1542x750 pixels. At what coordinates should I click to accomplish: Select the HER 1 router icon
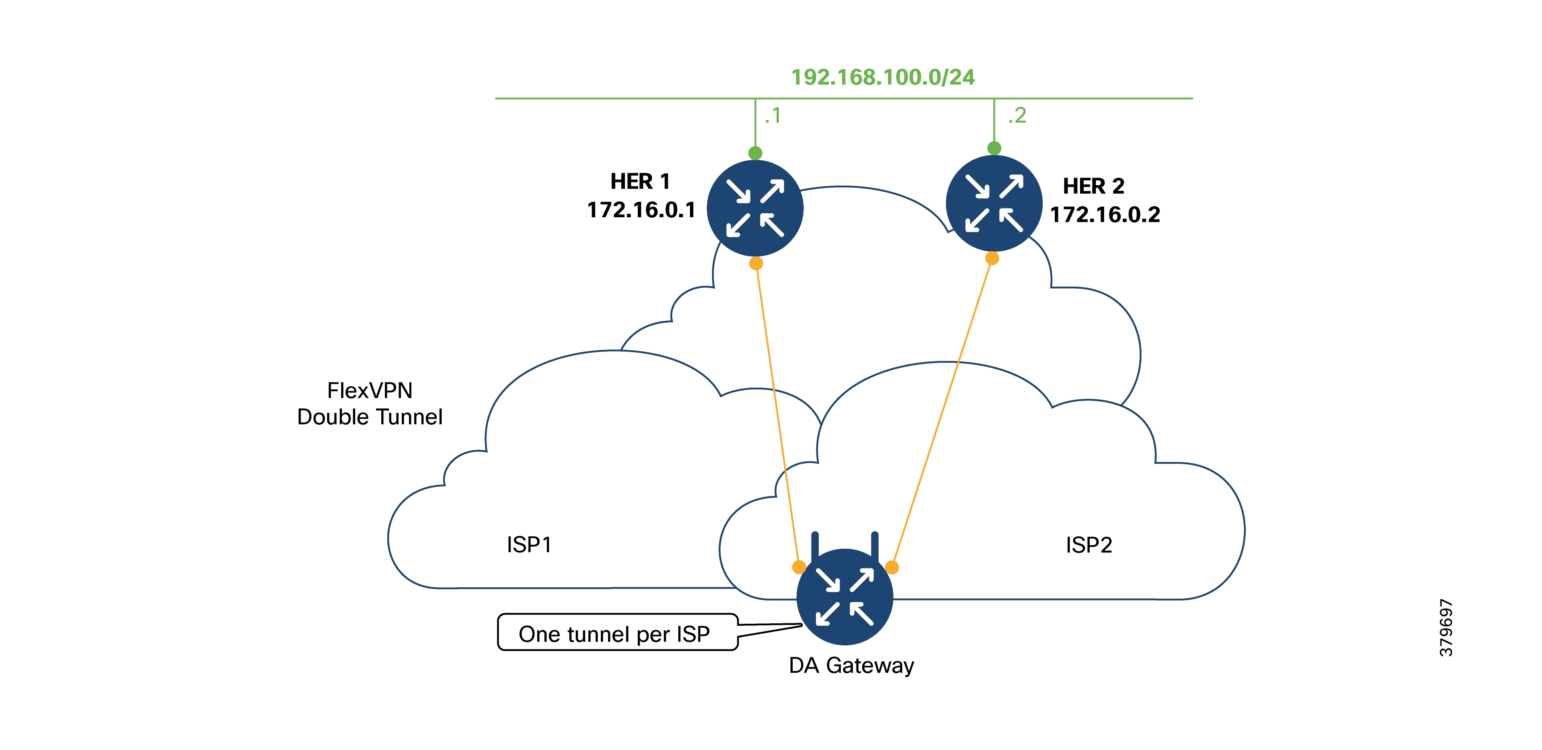(755, 208)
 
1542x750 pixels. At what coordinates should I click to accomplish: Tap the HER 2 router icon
(994, 203)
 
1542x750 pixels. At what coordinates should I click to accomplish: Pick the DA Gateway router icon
(844, 597)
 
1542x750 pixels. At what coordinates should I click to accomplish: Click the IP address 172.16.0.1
(641, 210)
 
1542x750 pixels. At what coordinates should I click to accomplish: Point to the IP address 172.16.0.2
(1105, 215)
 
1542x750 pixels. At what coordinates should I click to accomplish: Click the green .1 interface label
(773, 115)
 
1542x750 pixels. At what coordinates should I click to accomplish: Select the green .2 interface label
(1017, 115)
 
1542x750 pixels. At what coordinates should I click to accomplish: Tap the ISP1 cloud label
(529, 545)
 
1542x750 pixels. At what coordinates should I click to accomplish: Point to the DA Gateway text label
(851, 665)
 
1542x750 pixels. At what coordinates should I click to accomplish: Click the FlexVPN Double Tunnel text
(370, 404)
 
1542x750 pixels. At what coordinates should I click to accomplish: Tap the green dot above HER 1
(755, 153)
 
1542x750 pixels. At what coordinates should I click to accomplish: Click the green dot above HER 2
(994, 148)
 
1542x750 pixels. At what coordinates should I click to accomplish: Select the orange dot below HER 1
(756, 263)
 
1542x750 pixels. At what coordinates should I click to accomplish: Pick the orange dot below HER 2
(992, 259)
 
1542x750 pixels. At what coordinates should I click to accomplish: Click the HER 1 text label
(640, 181)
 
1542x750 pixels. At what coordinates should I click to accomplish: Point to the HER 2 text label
(1094, 186)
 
